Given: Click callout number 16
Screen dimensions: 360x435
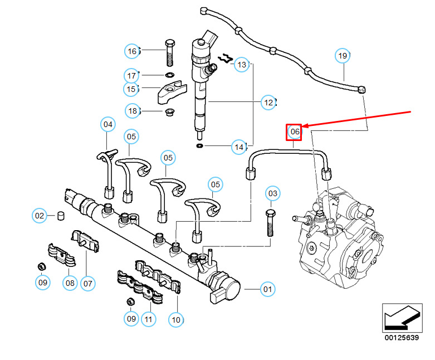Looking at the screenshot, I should coord(132,51).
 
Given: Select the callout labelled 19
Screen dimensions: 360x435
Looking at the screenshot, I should coord(343,56).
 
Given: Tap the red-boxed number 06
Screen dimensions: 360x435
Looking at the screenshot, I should coord(294,132).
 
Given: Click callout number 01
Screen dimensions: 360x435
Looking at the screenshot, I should coord(268,289).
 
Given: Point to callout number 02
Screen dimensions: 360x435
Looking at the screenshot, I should coord(40,215).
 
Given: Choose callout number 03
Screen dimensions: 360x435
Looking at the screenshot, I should coord(272,194).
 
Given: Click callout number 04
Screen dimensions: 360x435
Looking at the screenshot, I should coord(108,124).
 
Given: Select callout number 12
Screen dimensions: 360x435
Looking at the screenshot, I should coord(268,103).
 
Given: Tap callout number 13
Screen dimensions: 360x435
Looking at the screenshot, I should coord(241,65).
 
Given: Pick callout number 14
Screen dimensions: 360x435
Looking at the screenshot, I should coord(239,148).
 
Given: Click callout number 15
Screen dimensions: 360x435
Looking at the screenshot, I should coord(131,89).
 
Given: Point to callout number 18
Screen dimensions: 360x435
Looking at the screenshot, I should coord(133,111).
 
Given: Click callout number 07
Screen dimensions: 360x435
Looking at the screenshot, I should coord(87,283).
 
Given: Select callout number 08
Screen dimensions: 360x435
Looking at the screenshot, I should coord(70,283).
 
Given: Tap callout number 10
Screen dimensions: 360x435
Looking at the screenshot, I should coord(176,320).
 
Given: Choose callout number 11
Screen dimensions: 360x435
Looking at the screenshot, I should coord(148,319).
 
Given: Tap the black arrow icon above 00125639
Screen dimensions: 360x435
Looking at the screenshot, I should coord(400,318).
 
